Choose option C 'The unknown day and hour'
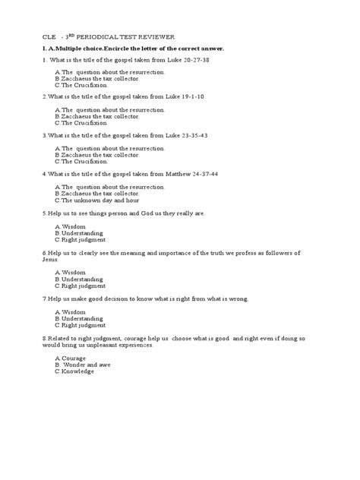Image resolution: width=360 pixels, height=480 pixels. [90, 201]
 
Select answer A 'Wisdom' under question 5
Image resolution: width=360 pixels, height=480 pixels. [73, 226]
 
